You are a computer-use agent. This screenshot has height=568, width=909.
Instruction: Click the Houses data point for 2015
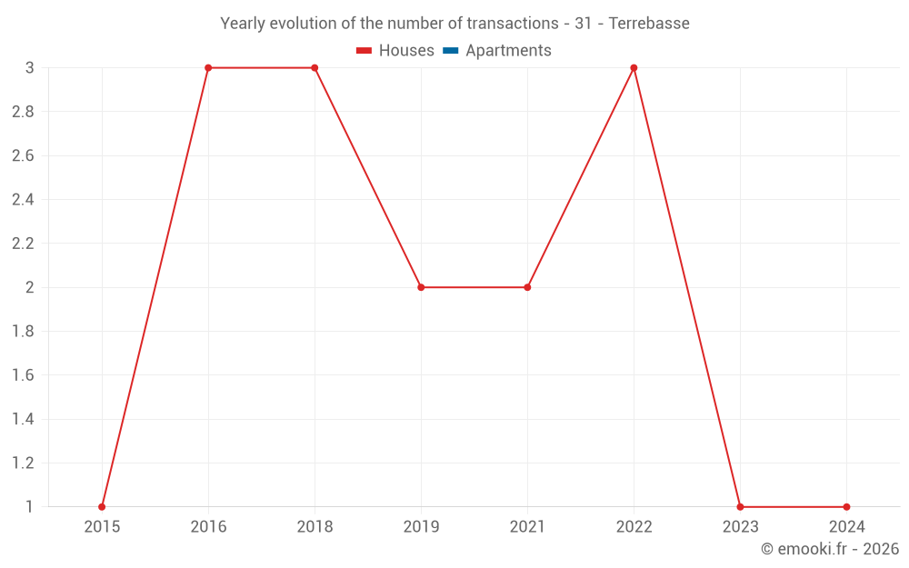coord(102,507)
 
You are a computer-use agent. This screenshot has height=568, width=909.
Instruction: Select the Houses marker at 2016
coord(208,68)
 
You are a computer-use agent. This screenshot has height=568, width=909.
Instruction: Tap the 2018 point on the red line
coord(315,68)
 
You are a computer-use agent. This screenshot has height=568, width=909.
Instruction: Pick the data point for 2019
coord(421,287)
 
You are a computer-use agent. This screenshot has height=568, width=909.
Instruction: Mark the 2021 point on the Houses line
coord(527,287)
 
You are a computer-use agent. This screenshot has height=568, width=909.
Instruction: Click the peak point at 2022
coord(634,68)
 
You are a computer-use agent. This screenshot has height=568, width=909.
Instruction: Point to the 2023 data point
coord(740,507)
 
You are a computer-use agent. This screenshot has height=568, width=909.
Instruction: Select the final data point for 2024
coord(846,507)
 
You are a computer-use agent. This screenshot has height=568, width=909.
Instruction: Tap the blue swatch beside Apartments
coord(450,51)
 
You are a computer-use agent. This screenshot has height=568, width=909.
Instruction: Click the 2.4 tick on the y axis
coord(23,200)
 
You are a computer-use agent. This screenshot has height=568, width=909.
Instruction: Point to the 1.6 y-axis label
coord(23,375)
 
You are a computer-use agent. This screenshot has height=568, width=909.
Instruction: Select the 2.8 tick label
coord(23,112)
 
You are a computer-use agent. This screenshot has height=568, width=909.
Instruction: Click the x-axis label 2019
coord(421,527)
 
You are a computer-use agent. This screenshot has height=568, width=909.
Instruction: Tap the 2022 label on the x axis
coord(634,527)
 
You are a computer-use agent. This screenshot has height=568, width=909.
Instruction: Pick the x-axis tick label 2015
coord(102,527)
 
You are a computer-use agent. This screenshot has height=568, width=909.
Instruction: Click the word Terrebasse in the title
coord(649,24)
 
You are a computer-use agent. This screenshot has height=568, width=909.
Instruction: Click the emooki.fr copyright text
coord(830,549)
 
